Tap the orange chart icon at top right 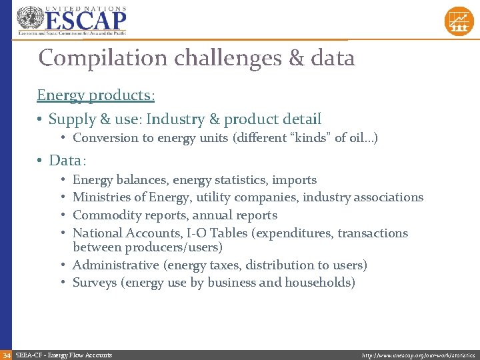coord(459,21)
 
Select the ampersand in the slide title coord(297,58)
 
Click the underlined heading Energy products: coord(96,95)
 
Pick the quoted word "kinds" coord(314,138)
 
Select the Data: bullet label coord(68,160)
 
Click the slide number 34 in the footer coord(6,355)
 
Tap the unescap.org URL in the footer coord(419,355)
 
